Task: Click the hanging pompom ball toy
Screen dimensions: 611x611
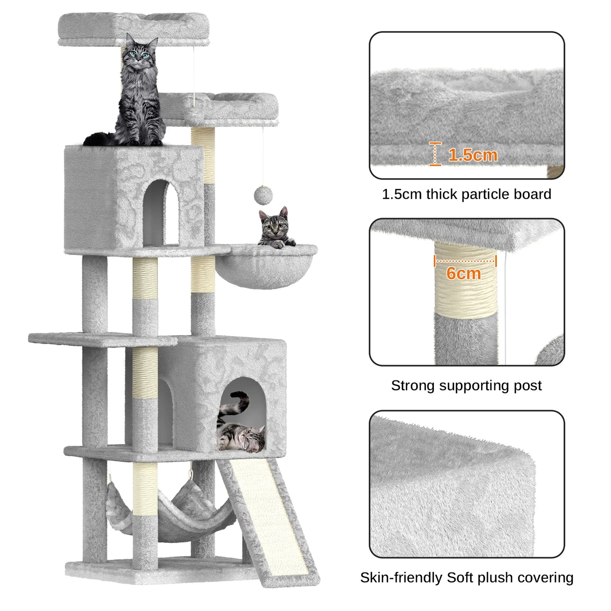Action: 263,195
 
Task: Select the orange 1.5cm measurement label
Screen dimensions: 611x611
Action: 472,155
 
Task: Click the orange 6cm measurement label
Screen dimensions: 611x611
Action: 463,274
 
